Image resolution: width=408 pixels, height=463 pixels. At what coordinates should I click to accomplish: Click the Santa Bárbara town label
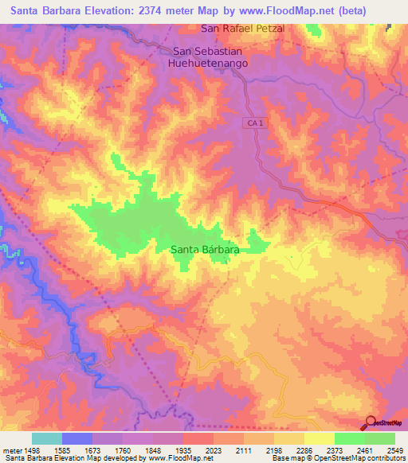(206, 250)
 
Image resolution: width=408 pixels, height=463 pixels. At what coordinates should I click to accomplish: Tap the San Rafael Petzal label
(242, 29)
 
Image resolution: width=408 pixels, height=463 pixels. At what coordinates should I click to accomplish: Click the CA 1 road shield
(253, 121)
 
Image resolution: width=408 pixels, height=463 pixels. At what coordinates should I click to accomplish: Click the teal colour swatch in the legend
(47, 438)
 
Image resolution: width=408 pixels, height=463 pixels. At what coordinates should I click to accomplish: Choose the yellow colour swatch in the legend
(319, 438)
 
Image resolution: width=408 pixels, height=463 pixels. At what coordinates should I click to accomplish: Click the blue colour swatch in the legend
(77, 438)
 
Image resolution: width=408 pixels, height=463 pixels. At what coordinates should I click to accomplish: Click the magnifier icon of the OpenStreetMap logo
(370, 422)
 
